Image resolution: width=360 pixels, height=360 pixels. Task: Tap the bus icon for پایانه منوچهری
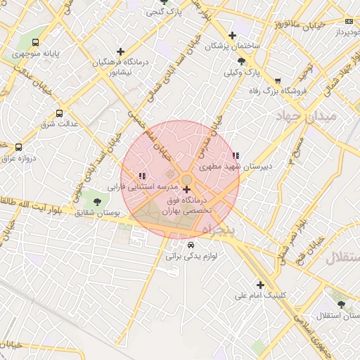35,42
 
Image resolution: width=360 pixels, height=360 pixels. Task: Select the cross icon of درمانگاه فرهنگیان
121,51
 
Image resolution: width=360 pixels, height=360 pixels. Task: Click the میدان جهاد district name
307,115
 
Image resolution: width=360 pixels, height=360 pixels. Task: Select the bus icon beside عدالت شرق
58,112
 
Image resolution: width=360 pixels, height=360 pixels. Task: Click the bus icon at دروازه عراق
18,148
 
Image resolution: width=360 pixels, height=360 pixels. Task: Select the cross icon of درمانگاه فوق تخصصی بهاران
186,189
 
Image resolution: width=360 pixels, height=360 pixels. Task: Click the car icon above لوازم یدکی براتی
191,245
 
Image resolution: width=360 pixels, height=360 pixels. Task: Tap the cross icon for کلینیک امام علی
261,285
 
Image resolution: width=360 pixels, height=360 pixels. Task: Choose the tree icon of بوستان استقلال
342,304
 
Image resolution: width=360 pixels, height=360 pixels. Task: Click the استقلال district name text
342,257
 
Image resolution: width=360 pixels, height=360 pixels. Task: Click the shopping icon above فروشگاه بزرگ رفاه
278,81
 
